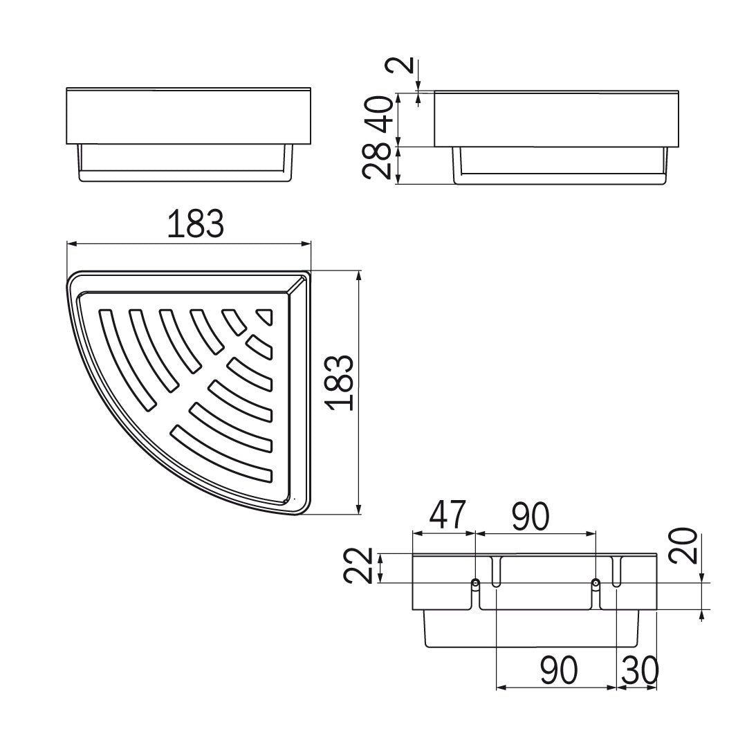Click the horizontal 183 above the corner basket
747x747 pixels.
pyautogui.click(x=195, y=224)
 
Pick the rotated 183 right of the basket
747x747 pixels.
pyautogui.click(x=339, y=382)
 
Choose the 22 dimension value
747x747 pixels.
pyautogui.click(x=358, y=566)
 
